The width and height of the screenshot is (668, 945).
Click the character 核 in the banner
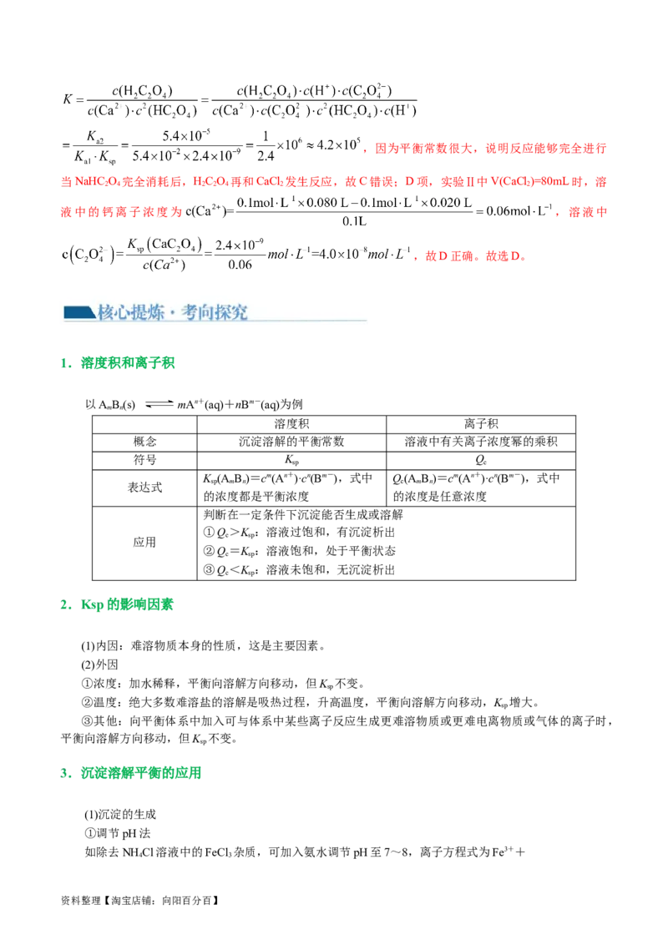[106, 312]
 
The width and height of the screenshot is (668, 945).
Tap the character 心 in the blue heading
[126, 312]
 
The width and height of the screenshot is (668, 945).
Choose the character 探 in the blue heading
[228, 312]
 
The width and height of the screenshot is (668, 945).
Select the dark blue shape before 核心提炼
[79, 312]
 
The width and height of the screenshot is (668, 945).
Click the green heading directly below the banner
[129, 364]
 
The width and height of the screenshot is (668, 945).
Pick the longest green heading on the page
[141, 773]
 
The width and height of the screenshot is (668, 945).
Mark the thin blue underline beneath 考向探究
[250, 321]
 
